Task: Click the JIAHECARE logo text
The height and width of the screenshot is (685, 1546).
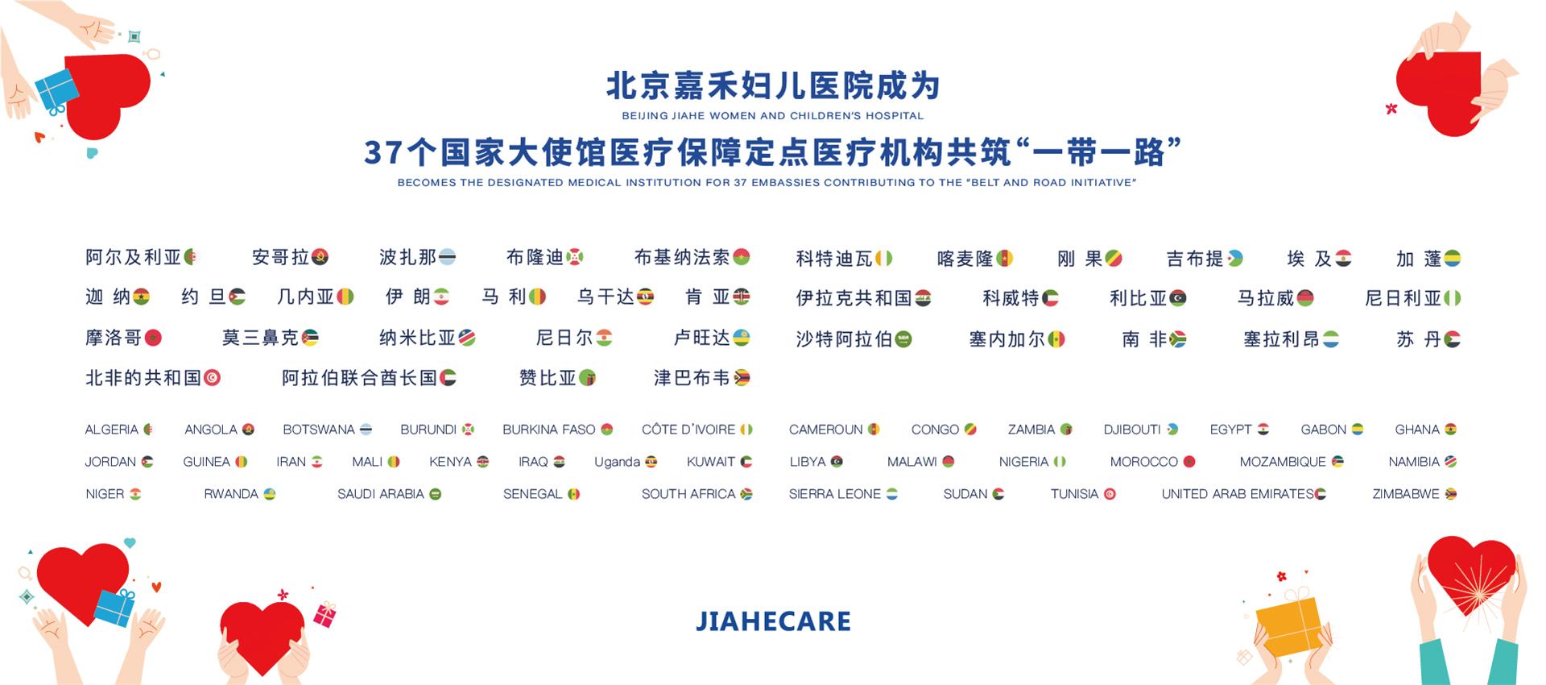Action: pos(773,621)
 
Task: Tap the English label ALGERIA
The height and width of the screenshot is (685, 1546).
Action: pos(111,430)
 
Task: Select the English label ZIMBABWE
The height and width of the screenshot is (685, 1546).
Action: pos(1405,494)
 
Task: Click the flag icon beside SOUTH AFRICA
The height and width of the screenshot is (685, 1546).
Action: pos(746,494)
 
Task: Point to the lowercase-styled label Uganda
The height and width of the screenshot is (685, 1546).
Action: pos(617,462)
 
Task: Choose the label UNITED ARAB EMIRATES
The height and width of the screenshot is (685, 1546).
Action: pos(1237,494)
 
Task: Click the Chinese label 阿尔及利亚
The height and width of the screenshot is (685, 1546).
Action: pos(133,258)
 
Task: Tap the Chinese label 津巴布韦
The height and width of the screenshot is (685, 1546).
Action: pos(692,378)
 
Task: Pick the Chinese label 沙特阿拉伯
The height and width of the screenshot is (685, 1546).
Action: pos(844,339)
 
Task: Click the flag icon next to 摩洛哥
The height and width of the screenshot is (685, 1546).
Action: pos(152,338)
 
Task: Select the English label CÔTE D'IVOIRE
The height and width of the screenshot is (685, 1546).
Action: pos(688,430)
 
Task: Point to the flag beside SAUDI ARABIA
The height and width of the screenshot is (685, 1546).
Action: pos(436,494)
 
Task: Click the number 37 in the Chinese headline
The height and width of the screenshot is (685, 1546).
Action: pos(382,152)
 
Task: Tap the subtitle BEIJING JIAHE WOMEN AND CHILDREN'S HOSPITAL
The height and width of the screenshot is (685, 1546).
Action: pos(772,116)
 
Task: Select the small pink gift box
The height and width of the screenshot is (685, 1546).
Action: pos(324,615)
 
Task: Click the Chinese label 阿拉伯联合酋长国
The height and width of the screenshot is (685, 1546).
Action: pos(359,378)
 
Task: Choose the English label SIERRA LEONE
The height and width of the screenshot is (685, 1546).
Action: pos(834,494)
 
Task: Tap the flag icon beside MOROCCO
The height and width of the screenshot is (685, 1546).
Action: pos(1189,462)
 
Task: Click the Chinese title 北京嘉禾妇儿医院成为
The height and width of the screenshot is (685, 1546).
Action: pos(772,86)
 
